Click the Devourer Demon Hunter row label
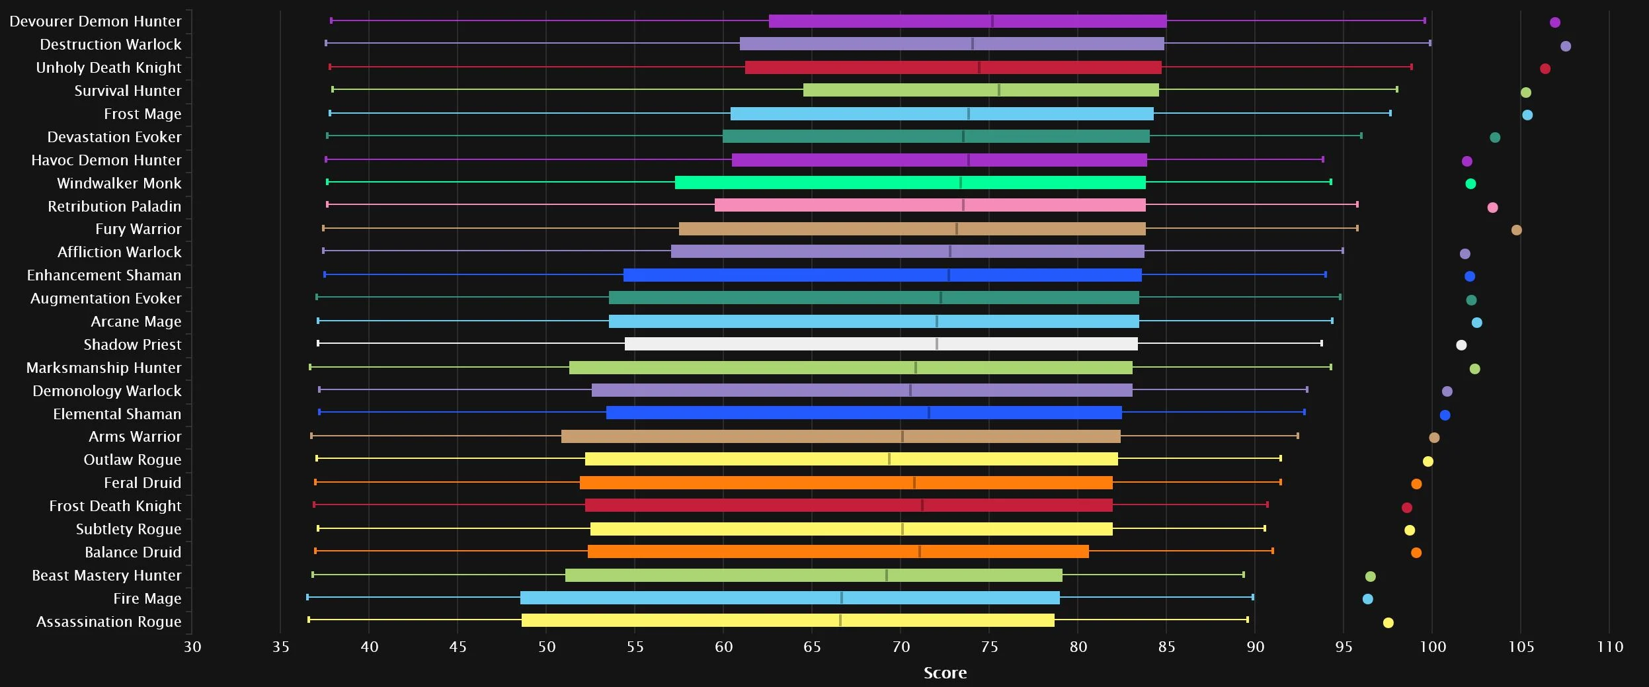pos(95,21)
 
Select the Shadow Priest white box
pos(881,344)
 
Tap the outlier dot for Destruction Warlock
pos(1565,46)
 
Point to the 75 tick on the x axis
pos(989,647)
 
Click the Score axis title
pos(945,673)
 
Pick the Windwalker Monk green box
pos(910,182)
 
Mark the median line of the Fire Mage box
pos(841,598)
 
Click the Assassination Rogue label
pos(108,622)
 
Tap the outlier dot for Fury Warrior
pos(1516,230)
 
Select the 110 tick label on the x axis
pos(1609,647)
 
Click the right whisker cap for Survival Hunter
pos(1396,89)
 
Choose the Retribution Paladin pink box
pos(930,205)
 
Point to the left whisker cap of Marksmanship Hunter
pos(310,367)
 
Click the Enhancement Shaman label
pos(104,275)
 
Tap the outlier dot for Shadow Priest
pos(1461,345)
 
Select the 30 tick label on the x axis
pos(192,647)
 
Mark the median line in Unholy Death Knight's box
pos(979,67)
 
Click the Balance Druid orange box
pos(838,551)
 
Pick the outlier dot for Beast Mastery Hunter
pos(1370,577)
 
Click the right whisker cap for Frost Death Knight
pos(1267,505)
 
